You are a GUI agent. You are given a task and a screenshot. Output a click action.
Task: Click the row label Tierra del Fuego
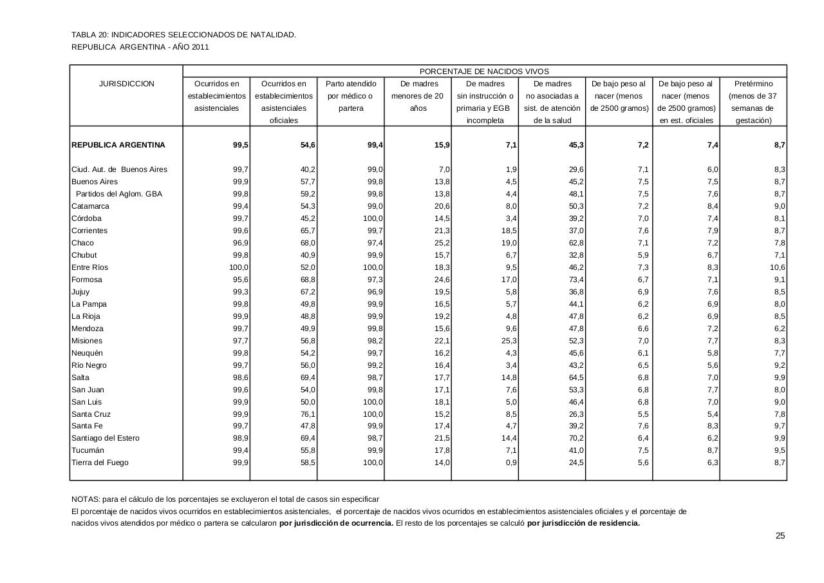pos(100,463)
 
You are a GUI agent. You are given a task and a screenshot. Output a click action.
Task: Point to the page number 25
pos(780,536)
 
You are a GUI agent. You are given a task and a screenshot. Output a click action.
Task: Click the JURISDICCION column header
pos(126,84)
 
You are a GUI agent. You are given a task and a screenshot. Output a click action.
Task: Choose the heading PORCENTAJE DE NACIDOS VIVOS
pos(484,72)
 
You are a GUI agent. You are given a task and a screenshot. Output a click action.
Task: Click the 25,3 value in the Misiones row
pos(509,341)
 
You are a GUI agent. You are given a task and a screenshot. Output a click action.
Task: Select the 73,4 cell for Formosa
pos(576,280)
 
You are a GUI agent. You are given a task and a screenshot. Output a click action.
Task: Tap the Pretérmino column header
pos(753,84)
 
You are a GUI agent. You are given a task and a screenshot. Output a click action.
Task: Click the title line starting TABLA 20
pos(183,35)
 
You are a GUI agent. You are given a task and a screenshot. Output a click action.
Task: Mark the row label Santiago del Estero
pos(106,438)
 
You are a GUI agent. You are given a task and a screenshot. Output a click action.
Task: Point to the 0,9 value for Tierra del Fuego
pos(511,463)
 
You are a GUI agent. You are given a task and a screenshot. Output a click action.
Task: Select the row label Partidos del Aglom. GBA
pos(118,194)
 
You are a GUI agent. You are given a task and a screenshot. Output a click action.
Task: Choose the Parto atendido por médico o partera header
pos(351,96)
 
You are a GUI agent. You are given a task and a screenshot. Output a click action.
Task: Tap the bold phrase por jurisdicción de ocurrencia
pos(336,523)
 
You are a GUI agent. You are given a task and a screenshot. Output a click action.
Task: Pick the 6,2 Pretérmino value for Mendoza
pos(779,329)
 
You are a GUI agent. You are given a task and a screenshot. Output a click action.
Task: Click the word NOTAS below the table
pos(85,499)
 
